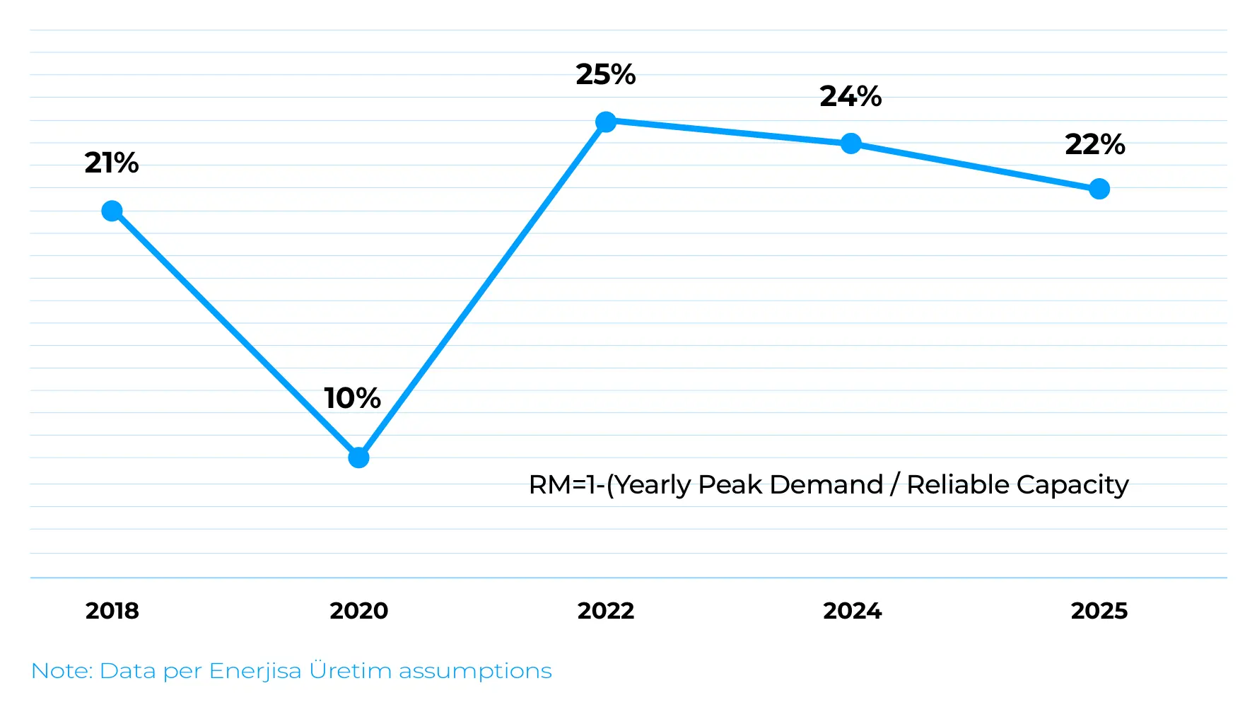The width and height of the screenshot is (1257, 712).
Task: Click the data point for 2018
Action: pos(112,211)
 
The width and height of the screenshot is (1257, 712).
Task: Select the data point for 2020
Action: pos(358,457)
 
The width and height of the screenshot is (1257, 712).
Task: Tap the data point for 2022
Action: pos(605,122)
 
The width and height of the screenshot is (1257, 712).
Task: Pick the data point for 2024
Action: pos(851,144)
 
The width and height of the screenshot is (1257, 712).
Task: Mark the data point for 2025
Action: pos(1099,189)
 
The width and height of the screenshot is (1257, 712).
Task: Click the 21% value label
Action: pos(111,163)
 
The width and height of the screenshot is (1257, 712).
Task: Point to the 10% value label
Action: pos(352,398)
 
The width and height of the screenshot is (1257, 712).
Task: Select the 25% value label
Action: pos(605,74)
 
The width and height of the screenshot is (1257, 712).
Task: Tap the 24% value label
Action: pos(850,96)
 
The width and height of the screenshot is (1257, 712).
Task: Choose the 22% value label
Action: pos(1095,144)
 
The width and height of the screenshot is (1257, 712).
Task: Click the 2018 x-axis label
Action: pos(112,611)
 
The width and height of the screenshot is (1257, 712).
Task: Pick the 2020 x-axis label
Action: pos(358,611)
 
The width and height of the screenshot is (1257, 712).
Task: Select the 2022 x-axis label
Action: pos(605,611)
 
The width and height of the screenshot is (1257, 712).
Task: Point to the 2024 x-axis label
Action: pos(852,611)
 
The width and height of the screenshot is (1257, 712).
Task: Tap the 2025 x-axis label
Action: pos(1099,611)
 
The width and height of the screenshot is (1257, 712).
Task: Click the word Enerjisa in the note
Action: pos(255,671)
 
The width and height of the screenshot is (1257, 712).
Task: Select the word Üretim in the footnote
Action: pos(350,670)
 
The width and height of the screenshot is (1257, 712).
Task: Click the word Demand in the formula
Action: pos(826,485)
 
